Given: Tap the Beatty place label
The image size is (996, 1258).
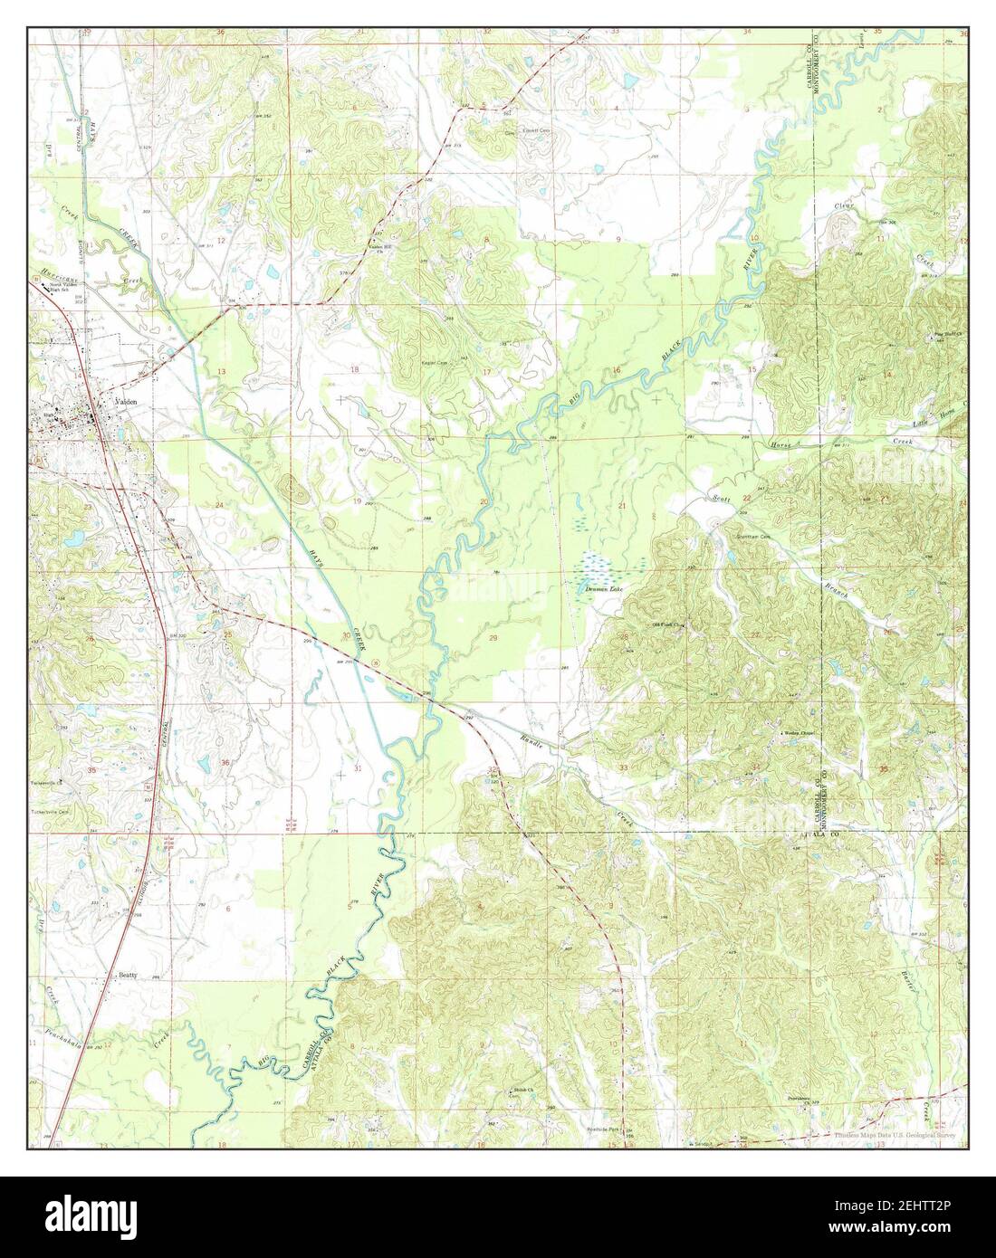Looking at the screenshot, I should (x=128, y=976).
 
